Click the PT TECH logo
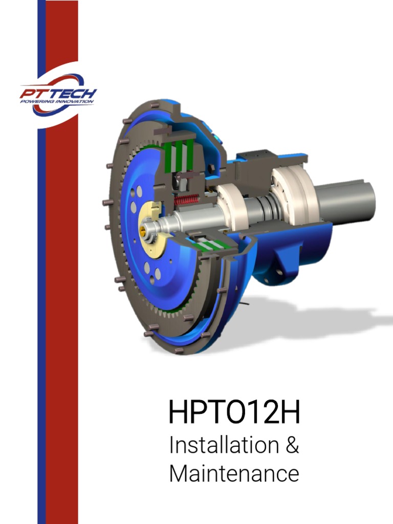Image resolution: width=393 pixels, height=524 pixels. (x=57, y=95)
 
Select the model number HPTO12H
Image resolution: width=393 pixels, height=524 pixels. (x=234, y=413)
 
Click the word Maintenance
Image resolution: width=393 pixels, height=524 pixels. (x=234, y=473)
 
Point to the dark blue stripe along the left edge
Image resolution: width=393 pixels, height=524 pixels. (x=41, y=307)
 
